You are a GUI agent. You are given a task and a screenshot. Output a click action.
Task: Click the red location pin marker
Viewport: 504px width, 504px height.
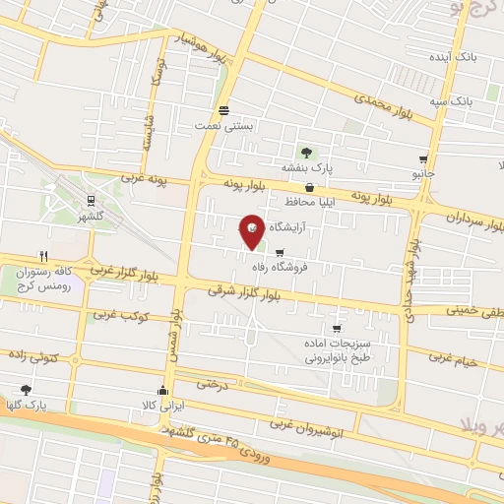(x=252, y=229)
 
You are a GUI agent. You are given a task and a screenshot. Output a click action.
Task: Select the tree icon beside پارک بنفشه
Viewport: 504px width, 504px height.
(x=308, y=152)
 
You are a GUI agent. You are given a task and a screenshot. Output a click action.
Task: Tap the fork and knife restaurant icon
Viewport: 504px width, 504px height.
(x=41, y=254)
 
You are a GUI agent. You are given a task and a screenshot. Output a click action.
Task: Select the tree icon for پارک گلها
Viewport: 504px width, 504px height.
(x=27, y=390)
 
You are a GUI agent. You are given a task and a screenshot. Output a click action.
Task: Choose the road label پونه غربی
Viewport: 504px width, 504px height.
(x=147, y=180)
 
